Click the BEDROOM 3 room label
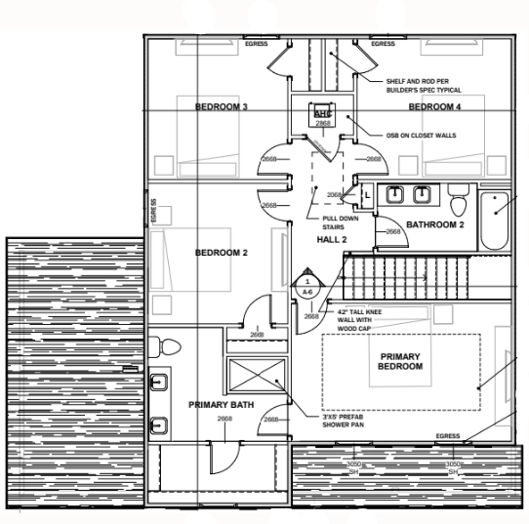point(222,106)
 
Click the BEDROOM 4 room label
point(434,106)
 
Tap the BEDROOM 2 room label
point(222,253)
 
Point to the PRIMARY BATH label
point(221,403)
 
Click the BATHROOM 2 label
point(435,224)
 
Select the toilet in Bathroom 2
point(458,202)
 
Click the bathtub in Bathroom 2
point(501,217)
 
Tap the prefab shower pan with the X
point(259,378)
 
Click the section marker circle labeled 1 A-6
point(306,286)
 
